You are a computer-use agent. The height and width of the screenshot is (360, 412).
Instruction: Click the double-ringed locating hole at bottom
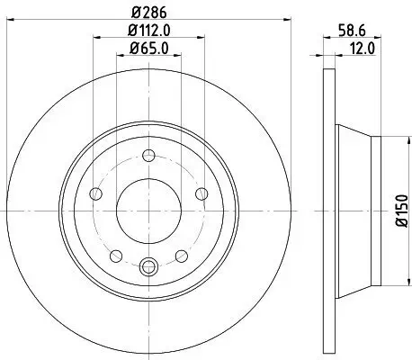coord(149,265)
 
